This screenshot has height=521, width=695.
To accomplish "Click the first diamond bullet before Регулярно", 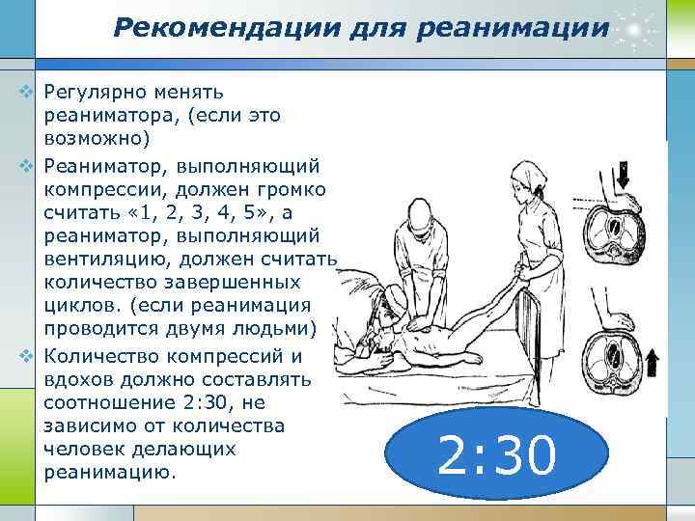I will click(27, 94).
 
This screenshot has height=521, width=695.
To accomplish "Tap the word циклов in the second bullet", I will click(78, 307).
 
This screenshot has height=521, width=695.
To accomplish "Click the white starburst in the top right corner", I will click(636, 28).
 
